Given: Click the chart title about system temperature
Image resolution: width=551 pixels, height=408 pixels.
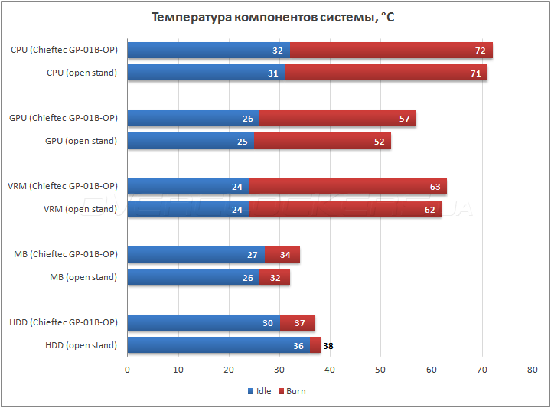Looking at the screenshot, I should pyautogui.click(x=273, y=18).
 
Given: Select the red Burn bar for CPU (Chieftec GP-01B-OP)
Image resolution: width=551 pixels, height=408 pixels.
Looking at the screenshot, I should pyautogui.click(x=390, y=51).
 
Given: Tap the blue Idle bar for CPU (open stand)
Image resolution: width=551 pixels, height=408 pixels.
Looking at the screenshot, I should pyautogui.click(x=205, y=73).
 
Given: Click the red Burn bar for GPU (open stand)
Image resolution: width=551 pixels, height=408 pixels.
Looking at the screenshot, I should pyautogui.click(x=321, y=141).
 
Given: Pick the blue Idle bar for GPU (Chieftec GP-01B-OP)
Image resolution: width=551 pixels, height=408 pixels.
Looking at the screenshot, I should pyautogui.click(x=193, y=119).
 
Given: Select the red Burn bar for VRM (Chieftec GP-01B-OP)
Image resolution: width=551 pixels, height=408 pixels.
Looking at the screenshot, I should pyautogui.click(x=347, y=186).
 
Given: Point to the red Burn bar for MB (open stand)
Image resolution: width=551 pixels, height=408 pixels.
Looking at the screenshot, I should pyautogui.click(x=274, y=277).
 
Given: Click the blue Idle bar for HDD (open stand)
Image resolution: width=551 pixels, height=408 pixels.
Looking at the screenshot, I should pyautogui.click(x=218, y=345).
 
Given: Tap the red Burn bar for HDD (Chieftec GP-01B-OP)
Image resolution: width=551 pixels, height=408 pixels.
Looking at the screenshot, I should pyautogui.click(x=297, y=322).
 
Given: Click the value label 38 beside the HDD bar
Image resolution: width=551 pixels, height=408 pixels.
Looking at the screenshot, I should pyautogui.click(x=328, y=346).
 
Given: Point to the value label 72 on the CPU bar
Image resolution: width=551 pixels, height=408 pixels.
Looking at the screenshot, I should pyautogui.click(x=479, y=51).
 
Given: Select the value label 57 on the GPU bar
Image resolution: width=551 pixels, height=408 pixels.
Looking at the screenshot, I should pyautogui.click(x=404, y=119).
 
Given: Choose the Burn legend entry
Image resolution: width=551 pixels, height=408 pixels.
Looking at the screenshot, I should pyautogui.click(x=292, y=391).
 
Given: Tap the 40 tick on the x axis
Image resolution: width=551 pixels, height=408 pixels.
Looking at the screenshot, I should pyautogui.click(x=330, y=370).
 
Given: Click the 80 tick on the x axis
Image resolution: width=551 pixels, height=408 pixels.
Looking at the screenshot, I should pyautogui.click(x=533, y=370).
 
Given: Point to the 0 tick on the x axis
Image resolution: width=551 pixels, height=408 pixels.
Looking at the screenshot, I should pyautogui.click(x=127, y=370).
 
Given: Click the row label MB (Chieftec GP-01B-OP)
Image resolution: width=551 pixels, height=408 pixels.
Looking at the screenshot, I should pyautogui.click(x=66, y=254).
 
